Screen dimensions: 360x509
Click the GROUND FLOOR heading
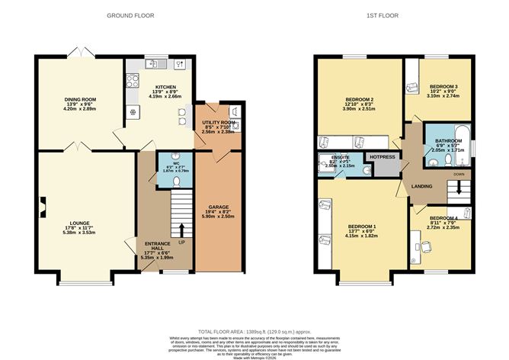(128, 15)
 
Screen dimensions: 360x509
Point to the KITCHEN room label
(167, 87)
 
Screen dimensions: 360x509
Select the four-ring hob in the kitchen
(130, 78)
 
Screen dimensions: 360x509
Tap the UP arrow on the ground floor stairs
(181, 228)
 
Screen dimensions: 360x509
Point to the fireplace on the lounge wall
(43, 204)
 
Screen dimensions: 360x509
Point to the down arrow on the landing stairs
(459, 194)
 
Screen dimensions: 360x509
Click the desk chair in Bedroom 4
(427, 246)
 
